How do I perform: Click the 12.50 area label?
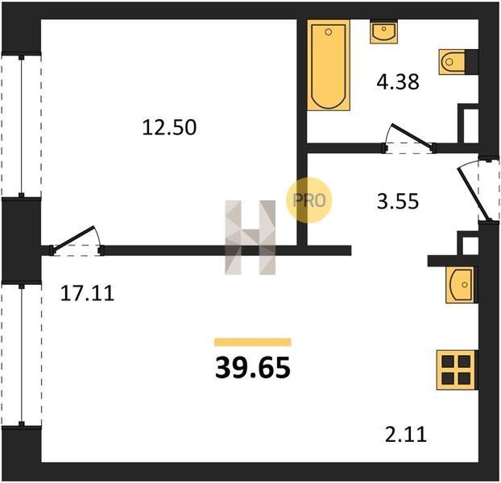pos(169,127)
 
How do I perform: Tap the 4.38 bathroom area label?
pos(398,81)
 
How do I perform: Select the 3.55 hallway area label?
pos(398,201)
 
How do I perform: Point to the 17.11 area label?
pos(87,293)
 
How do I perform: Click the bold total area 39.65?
pos(253,367)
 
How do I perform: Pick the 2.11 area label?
pos(406,435)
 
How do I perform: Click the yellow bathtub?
pos(329,65)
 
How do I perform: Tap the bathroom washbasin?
pos(383,31)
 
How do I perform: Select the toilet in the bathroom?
pos(452,62)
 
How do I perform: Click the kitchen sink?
pos(462,284)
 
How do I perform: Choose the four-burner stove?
pos(457,369)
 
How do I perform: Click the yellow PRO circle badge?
pos(309,200)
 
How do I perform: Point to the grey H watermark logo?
pos(250,237)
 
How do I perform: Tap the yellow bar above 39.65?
pos(253,342)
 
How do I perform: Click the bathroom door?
pos(409,138)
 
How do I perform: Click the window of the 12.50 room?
pos(22,126)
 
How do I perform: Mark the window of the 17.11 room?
pos(22,355)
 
